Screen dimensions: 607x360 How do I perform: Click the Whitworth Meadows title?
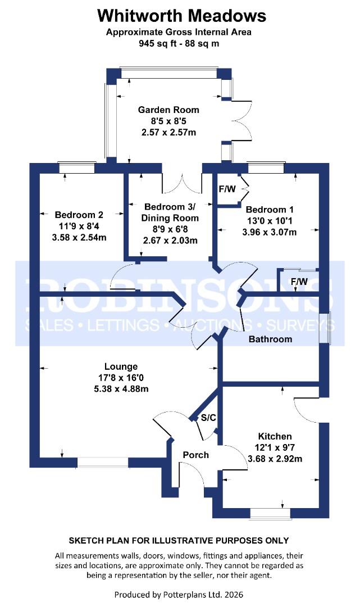pyautogui.click(x=179, y=15)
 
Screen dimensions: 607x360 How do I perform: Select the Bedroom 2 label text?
pyautogui.click(x=79, y=215)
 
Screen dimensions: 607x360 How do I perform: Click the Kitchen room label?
pyautogui.click(x=275, y=436)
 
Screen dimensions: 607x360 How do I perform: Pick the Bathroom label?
pyautogui.click(x=271, y=339)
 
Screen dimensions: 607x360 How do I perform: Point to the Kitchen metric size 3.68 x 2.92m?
pyautogui.click(x=275, y=458)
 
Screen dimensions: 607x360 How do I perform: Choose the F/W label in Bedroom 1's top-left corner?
pyautogui.click(x=227, y=189)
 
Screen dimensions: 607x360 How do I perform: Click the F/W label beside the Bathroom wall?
pyautogui.click(x=299, y=281)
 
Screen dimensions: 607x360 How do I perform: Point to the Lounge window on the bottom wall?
pyautogui.click(x=103, y=462)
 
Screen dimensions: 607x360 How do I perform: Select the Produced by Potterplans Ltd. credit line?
pyautogui.click(x=179, y=594)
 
